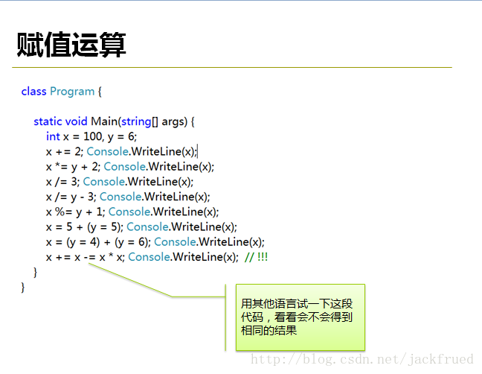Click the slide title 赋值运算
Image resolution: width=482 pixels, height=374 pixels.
point(71,45)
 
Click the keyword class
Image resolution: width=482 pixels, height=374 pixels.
point(33,92)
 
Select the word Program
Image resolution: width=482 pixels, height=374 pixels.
point(72,92)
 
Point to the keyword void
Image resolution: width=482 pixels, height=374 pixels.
point(76,121)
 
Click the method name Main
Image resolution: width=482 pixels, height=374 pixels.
point(104,121)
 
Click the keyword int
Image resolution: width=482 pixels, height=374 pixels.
point(53,136)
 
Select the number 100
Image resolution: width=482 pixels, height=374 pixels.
point(93,136)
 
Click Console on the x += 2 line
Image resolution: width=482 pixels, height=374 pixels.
point(108,151)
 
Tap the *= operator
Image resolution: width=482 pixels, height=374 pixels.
point(61,167)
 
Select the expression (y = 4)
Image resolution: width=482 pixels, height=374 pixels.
point(83,242)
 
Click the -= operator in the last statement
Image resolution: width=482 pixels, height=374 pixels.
point(89,257)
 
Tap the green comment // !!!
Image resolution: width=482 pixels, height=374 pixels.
point(256,257)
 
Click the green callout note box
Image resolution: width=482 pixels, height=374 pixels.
point(301,317)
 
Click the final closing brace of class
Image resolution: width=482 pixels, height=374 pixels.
point(23,287)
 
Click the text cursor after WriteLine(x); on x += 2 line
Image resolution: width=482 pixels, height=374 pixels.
point(197,151)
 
